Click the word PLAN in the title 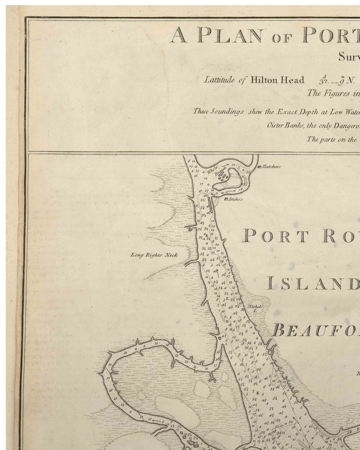pyautogui.click(x=230, y=35)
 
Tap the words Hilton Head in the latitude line pyautogui.click(x=277, y=80)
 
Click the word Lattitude pyautogui.click(x=219, y=80)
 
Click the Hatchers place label pyautogui.click(x=271, y=167)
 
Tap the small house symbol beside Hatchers pyautogui.click(x=260, y=167)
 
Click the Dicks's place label pyautogui.click(x=236, y=199)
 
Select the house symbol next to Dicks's pyautogui.click(x=226, y=199)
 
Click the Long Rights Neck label pyautogui.click(x=154, y=255)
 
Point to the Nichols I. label pyautogui.click(x=255, y=308)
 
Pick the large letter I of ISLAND pyautogui.click(x=269, y=283)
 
